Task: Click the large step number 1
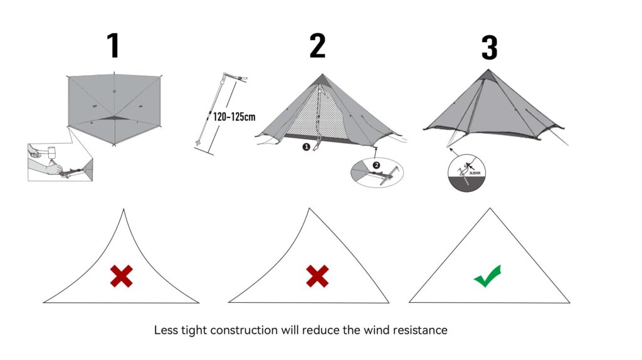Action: [113, 46]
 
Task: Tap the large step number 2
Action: [318, 46]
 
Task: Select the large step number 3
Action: [489, 48]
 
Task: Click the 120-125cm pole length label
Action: [234, 117]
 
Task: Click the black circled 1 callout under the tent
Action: [307, 146]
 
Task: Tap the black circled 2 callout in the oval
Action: [376, 165]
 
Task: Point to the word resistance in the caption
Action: [420, 330]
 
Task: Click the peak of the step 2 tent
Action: [322, 75]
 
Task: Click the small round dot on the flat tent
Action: [114, 92]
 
